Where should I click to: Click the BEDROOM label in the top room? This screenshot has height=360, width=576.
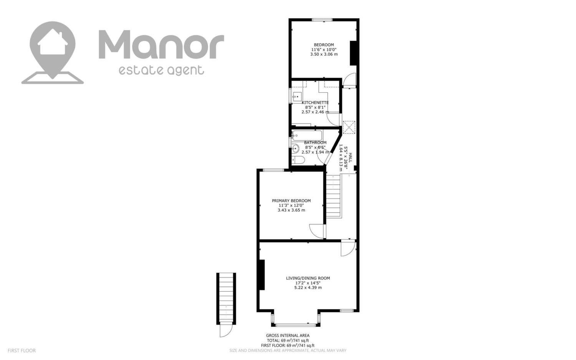point(324,45)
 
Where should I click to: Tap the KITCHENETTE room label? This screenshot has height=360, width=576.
point(315,103)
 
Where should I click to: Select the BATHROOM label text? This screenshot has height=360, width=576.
point(315,143)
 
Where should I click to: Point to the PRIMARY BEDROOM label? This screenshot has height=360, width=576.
point(291,201)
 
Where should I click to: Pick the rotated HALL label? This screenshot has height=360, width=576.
point(350,157)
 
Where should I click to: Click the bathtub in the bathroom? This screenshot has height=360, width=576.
point(307,136)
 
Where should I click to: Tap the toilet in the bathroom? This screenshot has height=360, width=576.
point(298,160)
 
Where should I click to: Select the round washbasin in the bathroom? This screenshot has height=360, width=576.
point(296,148)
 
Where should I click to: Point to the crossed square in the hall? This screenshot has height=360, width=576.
point(349,128)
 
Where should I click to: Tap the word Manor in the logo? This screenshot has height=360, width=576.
point(161,45)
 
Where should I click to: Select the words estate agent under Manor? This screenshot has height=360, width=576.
point(161,70)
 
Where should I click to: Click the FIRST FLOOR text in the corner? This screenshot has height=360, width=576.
point(22,350)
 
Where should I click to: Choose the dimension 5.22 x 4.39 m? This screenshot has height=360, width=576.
point(308,288)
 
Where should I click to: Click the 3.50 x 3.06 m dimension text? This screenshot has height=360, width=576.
point(324,54)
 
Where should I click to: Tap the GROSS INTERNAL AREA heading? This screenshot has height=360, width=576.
point(288,335)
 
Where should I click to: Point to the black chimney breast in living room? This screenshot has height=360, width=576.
point(262,275)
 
